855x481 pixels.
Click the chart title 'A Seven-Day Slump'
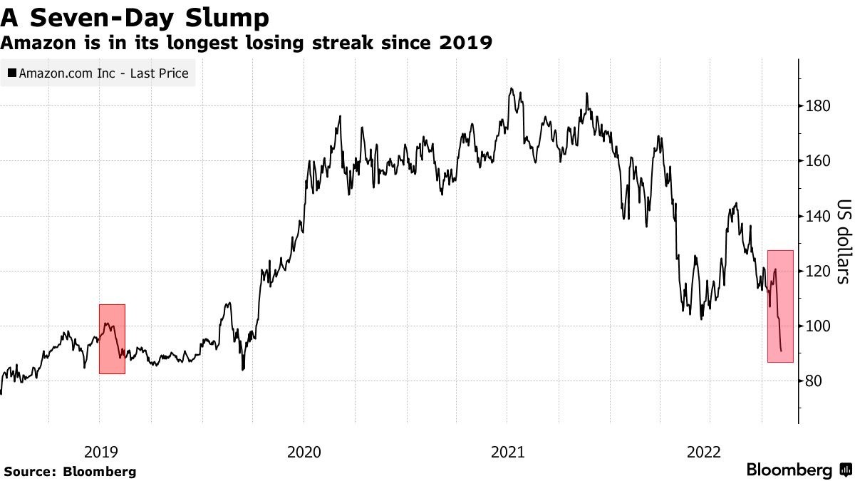click(x=135, y=17)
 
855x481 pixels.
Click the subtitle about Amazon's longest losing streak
click(x=247, y=43)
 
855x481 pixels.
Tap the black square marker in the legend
click(x=12, y=73)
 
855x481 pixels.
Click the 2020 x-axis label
click(x=304, y=452)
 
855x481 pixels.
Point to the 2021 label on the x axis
click(x=507, y=452)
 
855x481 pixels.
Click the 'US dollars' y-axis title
click(x=842, y=240)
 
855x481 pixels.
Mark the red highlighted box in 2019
click(x=112, y=339)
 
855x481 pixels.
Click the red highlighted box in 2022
click(x=780, y=306)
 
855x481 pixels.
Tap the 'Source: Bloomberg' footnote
click(x=70, y=471)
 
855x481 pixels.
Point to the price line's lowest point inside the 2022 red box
click(x=782, y=351)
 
